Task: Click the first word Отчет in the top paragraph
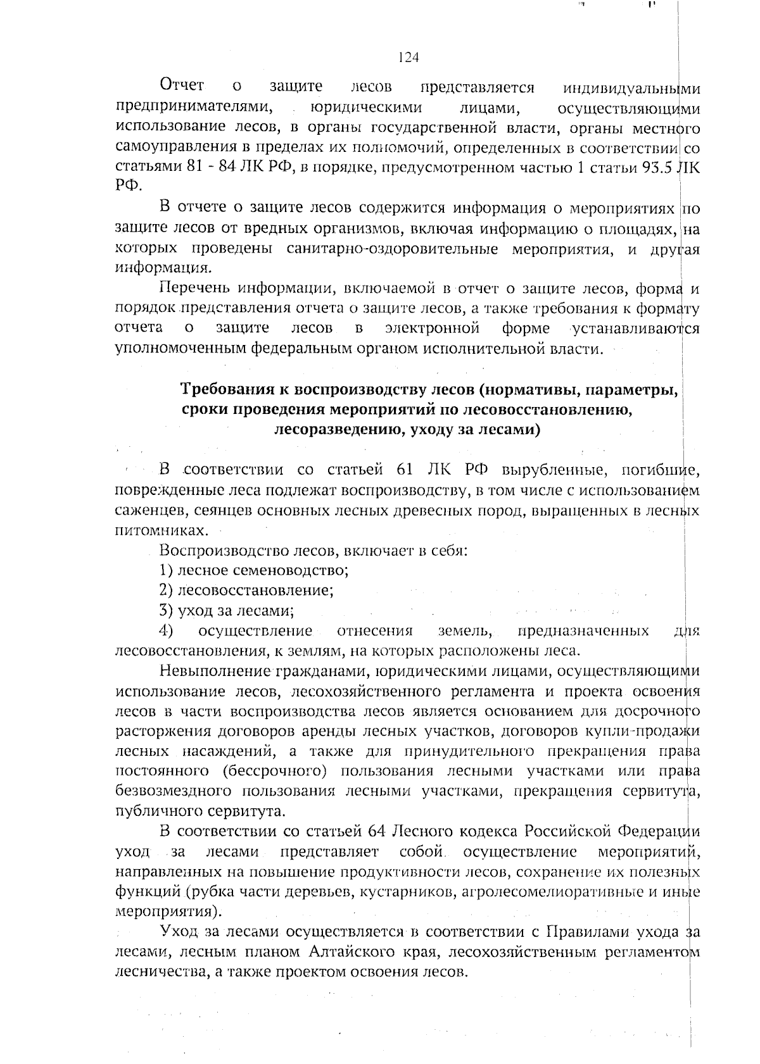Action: [182, 85]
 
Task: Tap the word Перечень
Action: [193, 289]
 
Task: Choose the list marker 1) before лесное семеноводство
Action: [166, 570]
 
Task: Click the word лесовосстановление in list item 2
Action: [255, 591]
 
